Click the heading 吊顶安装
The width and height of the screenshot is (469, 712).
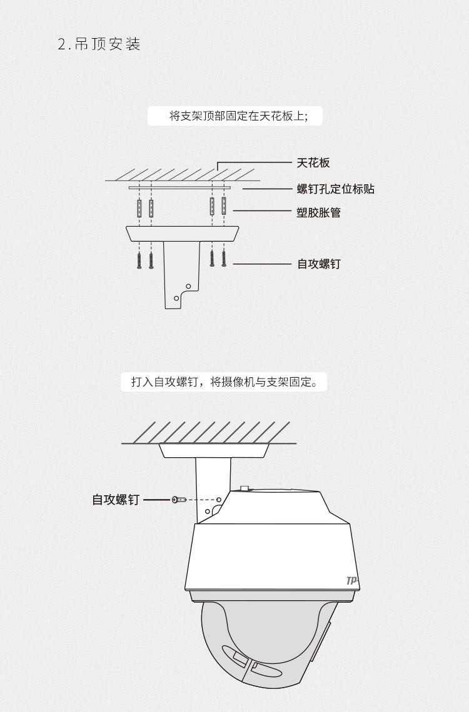[108, 44]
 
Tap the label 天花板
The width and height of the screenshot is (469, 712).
[313, 162]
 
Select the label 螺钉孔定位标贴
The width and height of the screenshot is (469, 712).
[336, 189]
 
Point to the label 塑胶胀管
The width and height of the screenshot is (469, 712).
[318, 212]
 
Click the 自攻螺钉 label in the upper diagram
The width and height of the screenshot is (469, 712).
[318, 264]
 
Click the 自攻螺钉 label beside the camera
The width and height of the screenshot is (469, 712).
[116, 500]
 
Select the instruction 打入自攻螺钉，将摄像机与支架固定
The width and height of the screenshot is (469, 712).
[224, 382]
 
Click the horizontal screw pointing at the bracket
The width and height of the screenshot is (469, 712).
[179, 500]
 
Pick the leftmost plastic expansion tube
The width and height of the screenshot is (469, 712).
[139, 208]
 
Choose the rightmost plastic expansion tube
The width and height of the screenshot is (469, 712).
[224, 206]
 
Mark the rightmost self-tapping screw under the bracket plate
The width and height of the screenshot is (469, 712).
[224, 259]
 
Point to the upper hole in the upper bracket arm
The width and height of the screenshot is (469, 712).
[189, 287]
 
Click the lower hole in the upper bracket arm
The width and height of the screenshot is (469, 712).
[176, 299]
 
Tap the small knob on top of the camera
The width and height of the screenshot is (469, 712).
[245, 488]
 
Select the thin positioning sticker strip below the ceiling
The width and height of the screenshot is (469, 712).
[179, 187]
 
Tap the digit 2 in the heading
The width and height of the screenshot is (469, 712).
[63, 44]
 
